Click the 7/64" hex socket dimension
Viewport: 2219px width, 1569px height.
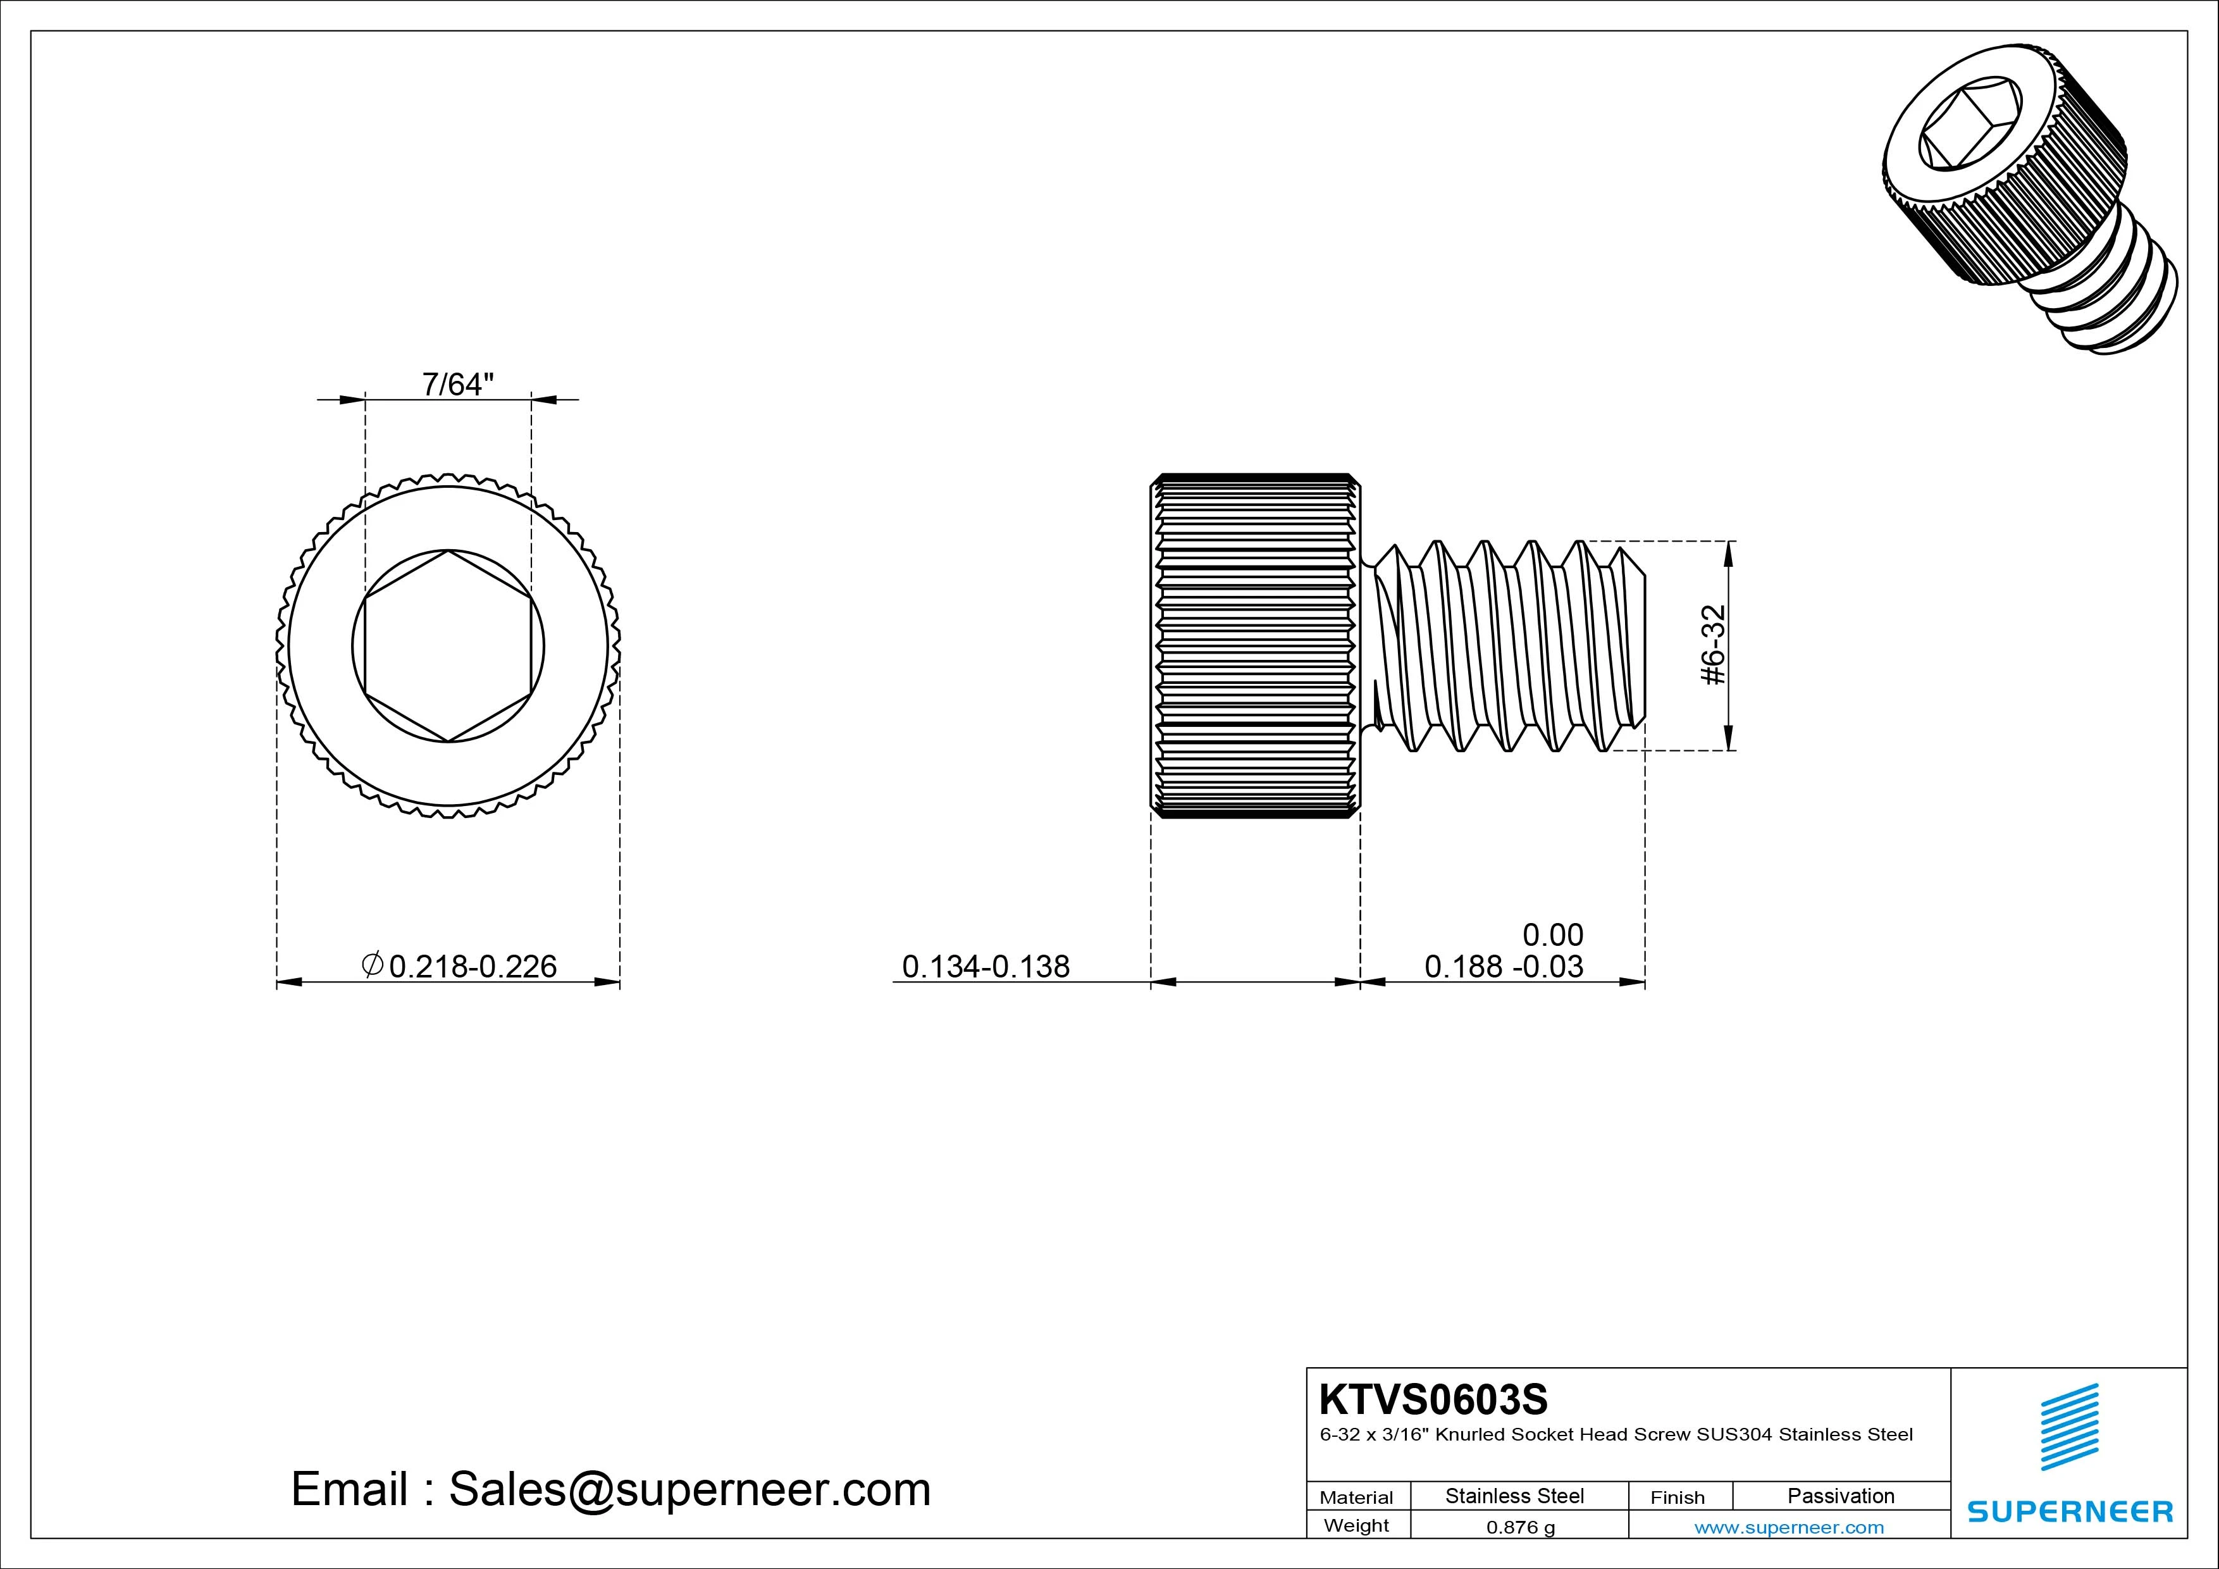(457, 385)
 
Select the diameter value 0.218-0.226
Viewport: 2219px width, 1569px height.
(473, 966)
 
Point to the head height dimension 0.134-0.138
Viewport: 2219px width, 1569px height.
(985, 966)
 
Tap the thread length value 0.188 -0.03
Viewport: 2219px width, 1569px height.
(1504, 966)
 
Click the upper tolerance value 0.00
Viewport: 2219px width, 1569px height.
(1552, 935)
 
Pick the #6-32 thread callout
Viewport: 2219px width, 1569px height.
(1712, 645)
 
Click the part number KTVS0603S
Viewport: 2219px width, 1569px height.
(1433, 1399)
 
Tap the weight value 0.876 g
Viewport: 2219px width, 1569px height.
(1520, 1527)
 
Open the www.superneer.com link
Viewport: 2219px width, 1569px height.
(1789, 1527)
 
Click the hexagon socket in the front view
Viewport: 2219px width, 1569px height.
(447, 646)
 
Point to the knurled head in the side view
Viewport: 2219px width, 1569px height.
(1254, 646)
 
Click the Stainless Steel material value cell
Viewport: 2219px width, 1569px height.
(1514, 1496)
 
